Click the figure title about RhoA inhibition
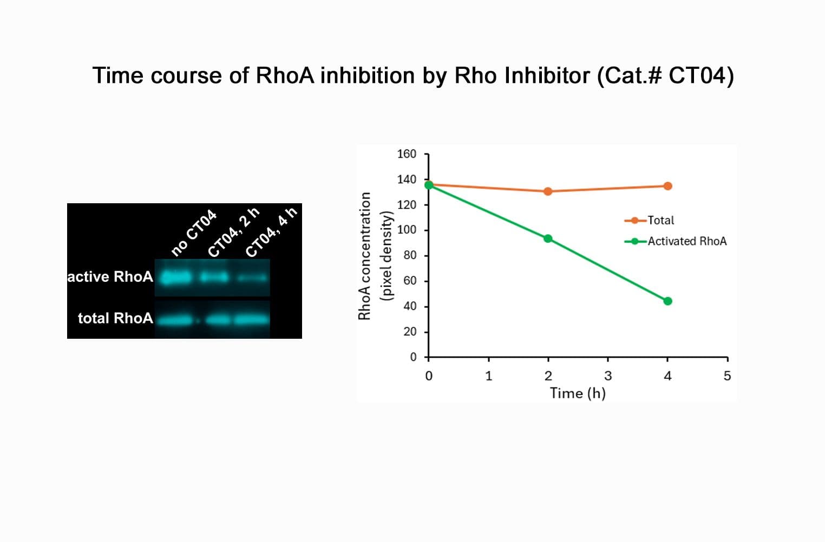[x=413, y=75]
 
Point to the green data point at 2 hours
[x=548, y=238]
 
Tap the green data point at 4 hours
[x=667, y=301]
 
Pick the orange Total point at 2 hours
[x=548, y=191]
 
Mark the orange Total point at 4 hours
[x=667, y=186]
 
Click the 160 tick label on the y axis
[x=407, y=154]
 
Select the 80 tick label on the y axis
[x=410, y=255]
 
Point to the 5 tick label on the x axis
[x=727, y=376]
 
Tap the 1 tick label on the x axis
[x=488, y=376]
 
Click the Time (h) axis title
[x=578, y=393]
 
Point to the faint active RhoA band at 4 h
[x=252, y=278]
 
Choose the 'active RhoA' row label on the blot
[x=110, y=277]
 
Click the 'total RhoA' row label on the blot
[x=115, y=318]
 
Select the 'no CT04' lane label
[x=194, y=233]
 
